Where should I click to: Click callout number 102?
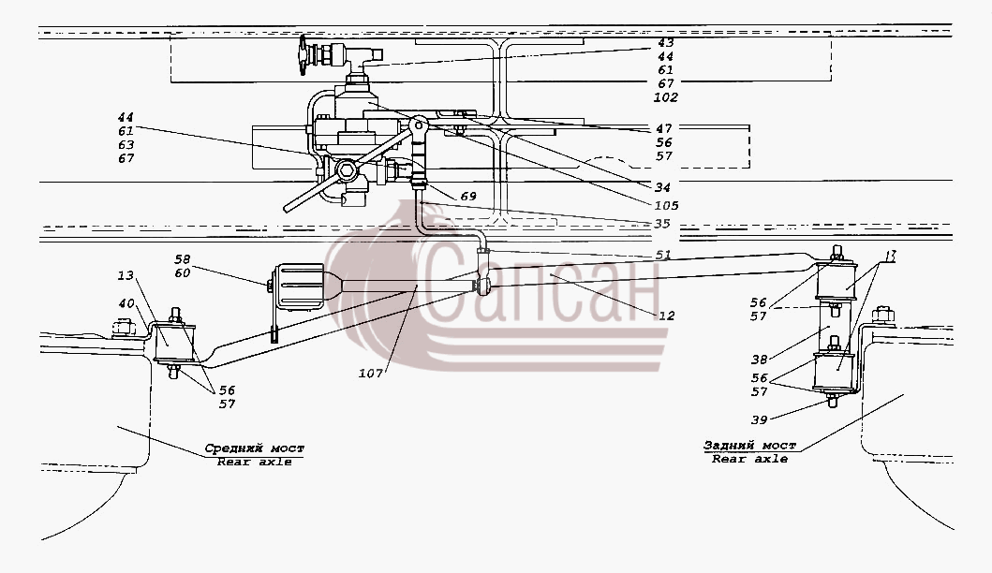pyautogui.click(x=666, y=97)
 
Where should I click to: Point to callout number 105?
pyautogui.click(x=667, y=206)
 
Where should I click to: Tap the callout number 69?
pyautogui.click(x=468, y=197)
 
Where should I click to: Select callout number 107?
pyautogui.click(x=371, y=374)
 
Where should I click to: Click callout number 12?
pyautogui.click(x=667, y=316)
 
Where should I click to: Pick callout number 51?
pyautogui.click(x=663, y=255)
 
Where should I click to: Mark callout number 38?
pyautogui.click(x=759, y=360)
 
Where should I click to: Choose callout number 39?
pyautogui.click(x=759, y=420)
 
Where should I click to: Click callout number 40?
pyautogui.click(x=126, y=303)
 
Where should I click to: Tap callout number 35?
pyautogui.click(x=662, y=224)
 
